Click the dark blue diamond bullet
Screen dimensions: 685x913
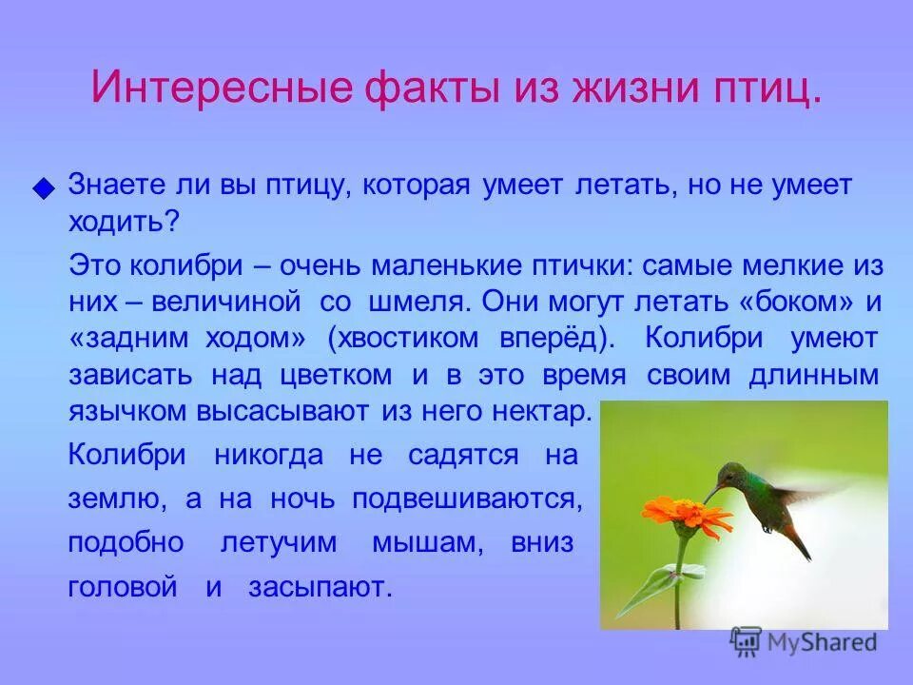[x=43, y=188]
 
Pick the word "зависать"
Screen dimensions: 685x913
[x=130, y=375]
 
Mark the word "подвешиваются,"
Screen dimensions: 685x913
[x=468, y=499]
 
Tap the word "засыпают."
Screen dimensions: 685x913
[x=321, y=587]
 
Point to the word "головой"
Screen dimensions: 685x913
[x=123, y=587]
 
